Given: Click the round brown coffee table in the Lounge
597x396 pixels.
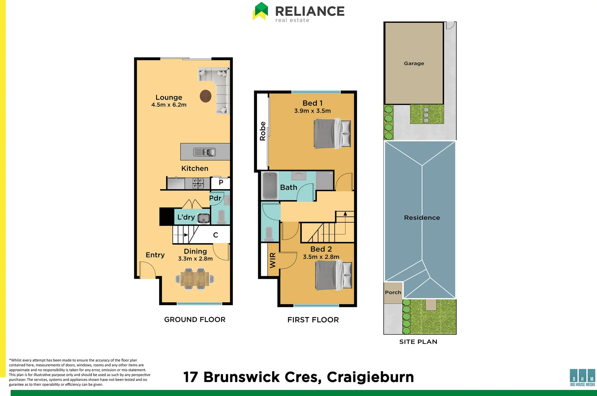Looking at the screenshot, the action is pyautogui.click(x=205, y=96).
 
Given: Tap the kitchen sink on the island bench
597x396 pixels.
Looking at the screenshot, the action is pyautogui.click(x=204, y=152).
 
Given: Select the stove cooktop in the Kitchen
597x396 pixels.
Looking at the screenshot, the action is pyautogui.click(x=198, y=184).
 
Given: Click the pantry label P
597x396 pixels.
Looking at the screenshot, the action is pyautogui.click(x=221, y=183).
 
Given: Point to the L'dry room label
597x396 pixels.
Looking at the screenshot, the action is pyautogui.click(x=186, y=217).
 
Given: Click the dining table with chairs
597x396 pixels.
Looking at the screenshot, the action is pyautogui.click(x=195, y=279).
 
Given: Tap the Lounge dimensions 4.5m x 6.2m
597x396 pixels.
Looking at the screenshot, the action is pyautogui.click(x=169, y=105).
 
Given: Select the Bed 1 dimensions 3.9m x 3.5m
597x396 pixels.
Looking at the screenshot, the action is pyautogui.click(x=312, y=111).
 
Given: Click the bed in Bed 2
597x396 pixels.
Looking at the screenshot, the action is pyautogui.click(x=333, y=275).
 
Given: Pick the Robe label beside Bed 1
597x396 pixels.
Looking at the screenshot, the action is pyautogui.click(x=263, y=131).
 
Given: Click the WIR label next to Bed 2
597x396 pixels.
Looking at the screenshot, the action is pyautogui.click(x=273, y=260).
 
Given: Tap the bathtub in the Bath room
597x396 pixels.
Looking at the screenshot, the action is pyautogui.click(x=270, y=186).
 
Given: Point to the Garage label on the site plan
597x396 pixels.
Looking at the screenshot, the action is pyautogui.click(x=414, y=63).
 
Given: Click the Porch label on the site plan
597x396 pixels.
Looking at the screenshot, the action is pyautogui.click(x=393, y=292).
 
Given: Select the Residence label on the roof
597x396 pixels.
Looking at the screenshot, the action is pyautogui.click(x=422, y=218).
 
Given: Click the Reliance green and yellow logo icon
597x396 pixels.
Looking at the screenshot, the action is pyautogui.click(x=260, y=11).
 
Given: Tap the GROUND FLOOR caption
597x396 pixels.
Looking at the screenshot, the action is pyautogui.click(x=195, y=319).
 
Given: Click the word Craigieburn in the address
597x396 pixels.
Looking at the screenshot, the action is pyautogui.click(x=370, y=377).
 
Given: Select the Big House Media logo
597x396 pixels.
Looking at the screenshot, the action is pyautogui.click(x=582, y=378).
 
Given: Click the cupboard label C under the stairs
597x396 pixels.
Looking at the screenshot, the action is pyautogui.click(x=216, y=235).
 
